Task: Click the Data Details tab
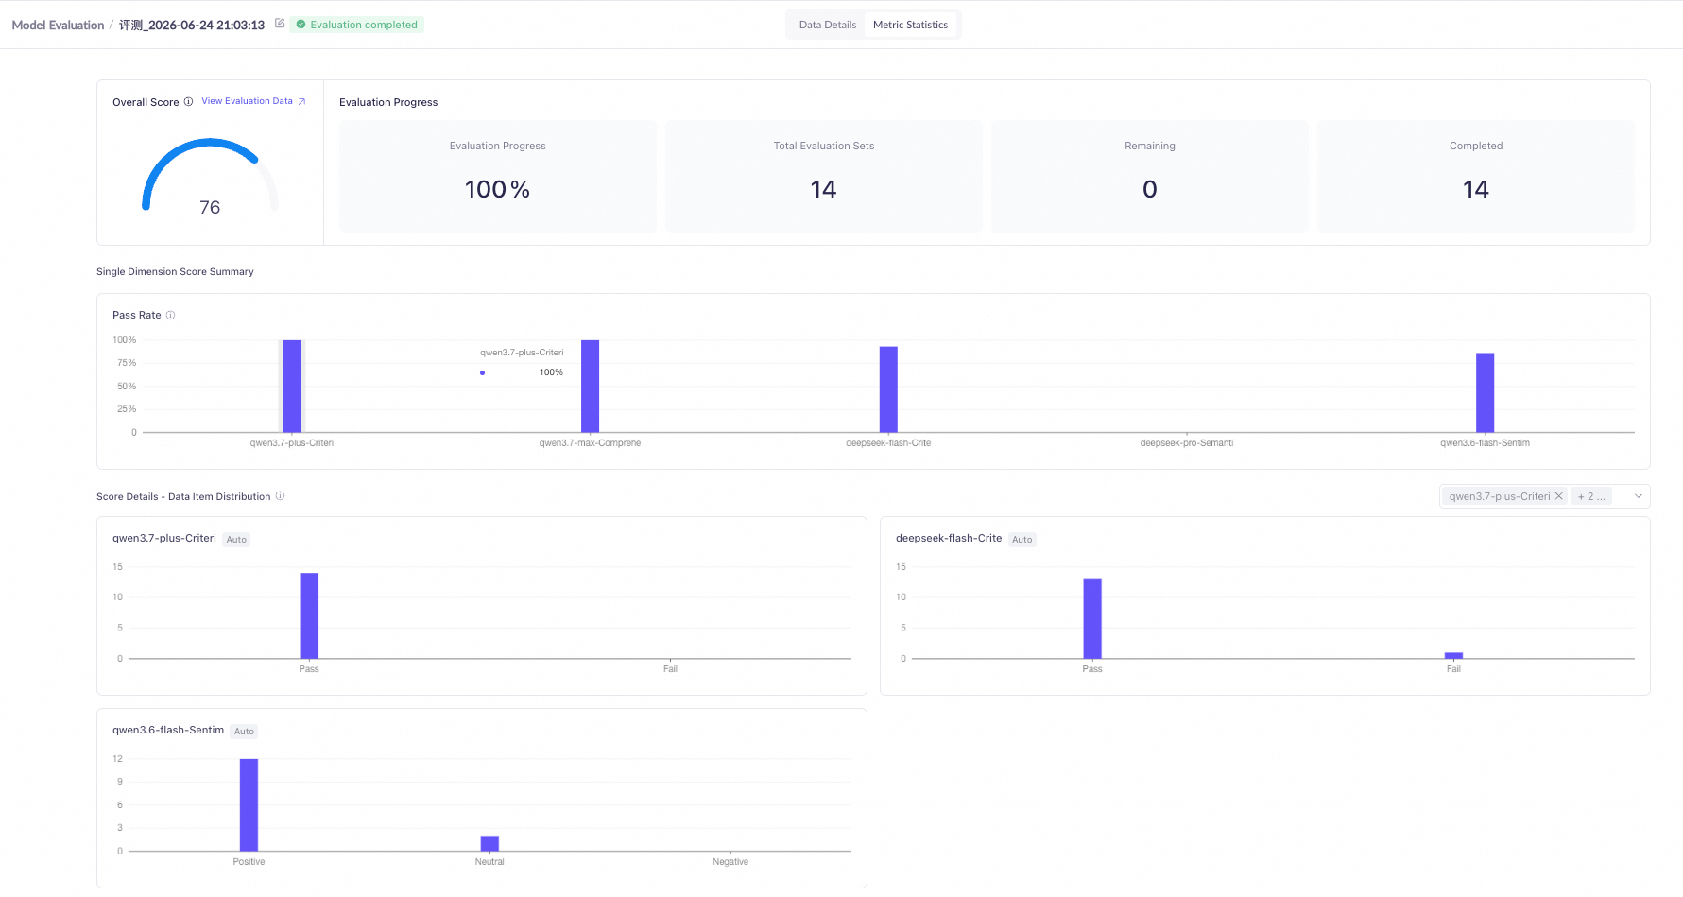pyautogui.click(x=827, y=25)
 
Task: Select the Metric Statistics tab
pyautogui.click(x=910, y=25)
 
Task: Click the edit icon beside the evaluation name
pyautogui.click(x=280, y=24)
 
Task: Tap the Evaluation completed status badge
pyautogui.click(x=357, y=25)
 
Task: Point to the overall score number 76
pyautogui.click(x=210, y=207)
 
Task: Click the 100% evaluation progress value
pyautogui.click(x=497, y=189)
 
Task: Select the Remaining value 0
pyautogui.click(x=1150, y=189)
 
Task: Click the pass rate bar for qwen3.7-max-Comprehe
pyautogui.click(x=590, y=386)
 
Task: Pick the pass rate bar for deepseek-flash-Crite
pyautogui.click(x=888, y=389)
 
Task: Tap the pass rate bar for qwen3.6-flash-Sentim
pyautogui.click(x=1486, y=392)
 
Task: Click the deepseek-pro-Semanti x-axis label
pyautogui.click(x=1187, y=443)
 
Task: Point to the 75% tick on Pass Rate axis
pyautogui.click(x=127, y=363)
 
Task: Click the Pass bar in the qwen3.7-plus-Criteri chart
pyautogui.click(x=309, y=615)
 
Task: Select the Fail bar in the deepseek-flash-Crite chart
pyautogui.click(x=1453, y=655)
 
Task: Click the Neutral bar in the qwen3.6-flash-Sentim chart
pyautogui.click(x=489, y=843)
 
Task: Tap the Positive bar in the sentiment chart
pyautogui.click(x=249, y=804)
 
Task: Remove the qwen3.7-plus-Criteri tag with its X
pyautogui.click(x=1559, y=496)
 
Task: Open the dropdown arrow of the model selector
pyautogui.click(x=1639, y=496)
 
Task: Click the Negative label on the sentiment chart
pyautogui.click(x=730, y=862)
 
